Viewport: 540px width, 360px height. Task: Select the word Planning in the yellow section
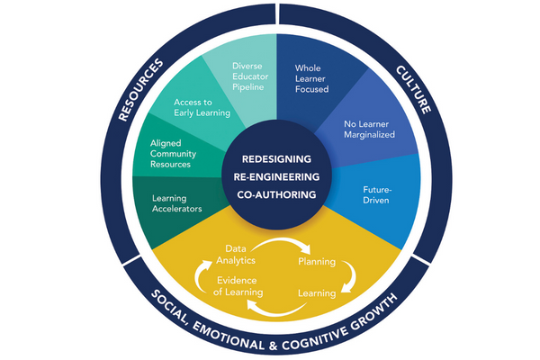(x=316, y=262)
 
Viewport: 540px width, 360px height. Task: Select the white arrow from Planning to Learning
(x=349, y=277)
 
